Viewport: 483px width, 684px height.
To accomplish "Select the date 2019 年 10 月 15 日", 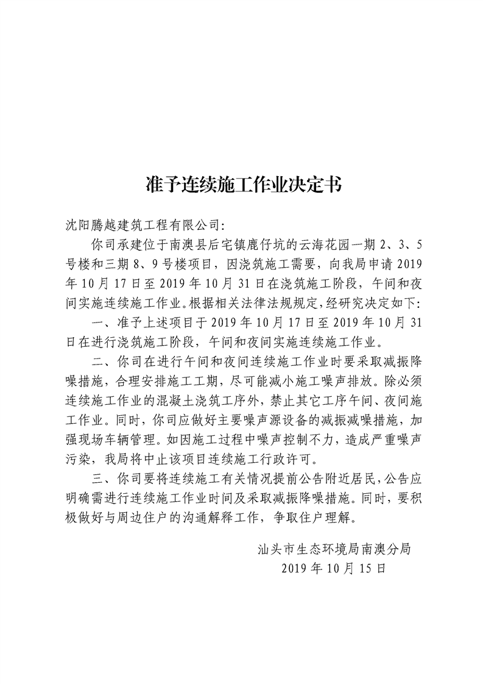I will click(335, 569).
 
